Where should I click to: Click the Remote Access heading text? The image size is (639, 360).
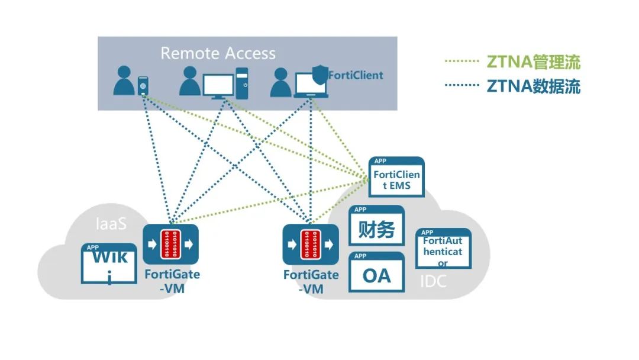tap(218, 53)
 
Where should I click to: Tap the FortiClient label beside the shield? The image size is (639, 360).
tap(356, 75)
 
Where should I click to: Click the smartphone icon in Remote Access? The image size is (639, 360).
tap(143, 86)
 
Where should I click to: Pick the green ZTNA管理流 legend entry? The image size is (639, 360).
tap(533, 62)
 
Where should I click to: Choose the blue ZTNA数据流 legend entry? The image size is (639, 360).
tap(533, 86)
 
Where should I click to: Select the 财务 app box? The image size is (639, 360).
tap(376, 226)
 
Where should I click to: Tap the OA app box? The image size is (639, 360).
tap(376, 272)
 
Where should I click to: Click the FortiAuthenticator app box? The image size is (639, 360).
tap(443, 249)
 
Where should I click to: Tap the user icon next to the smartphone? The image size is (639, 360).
tap(125, 81)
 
